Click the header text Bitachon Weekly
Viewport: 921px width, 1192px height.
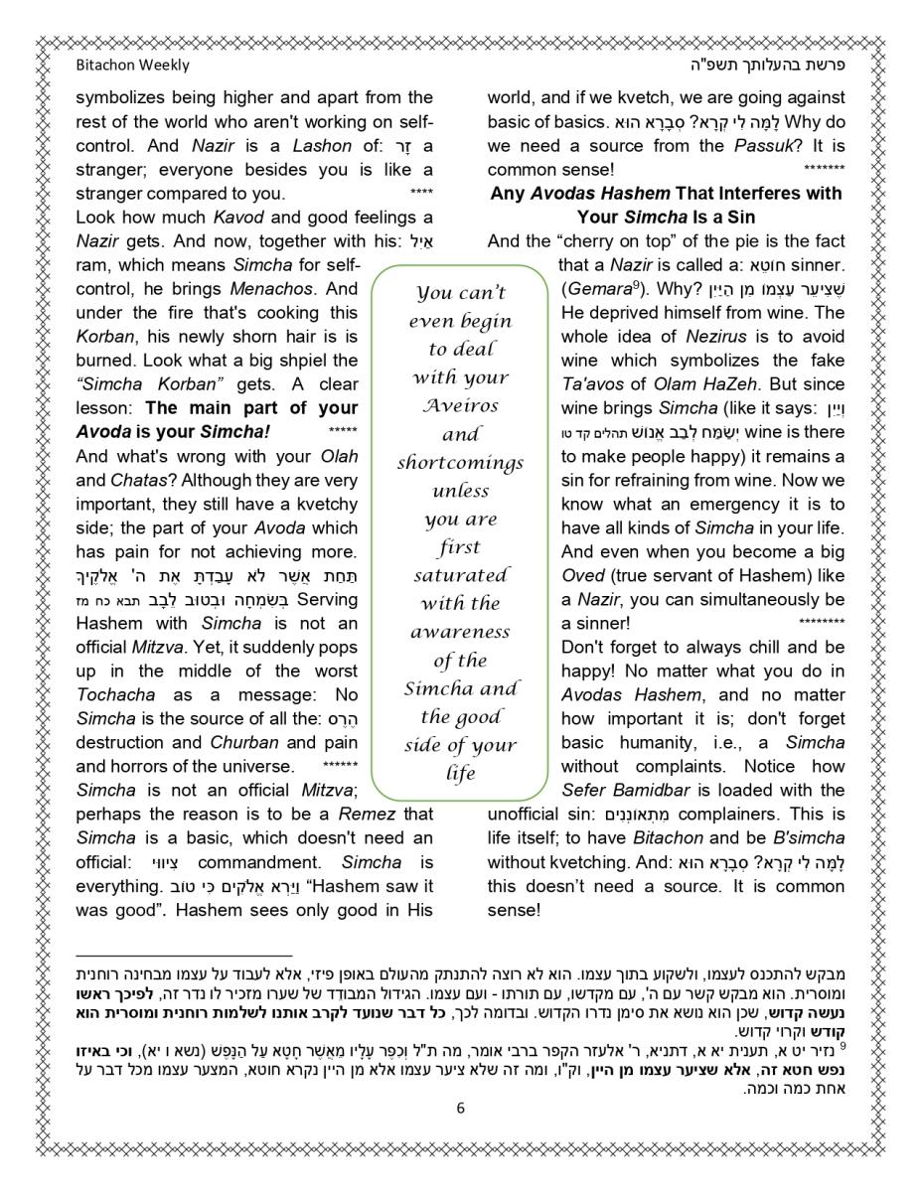coord(132,66)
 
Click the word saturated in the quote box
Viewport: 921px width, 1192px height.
coord(460,575)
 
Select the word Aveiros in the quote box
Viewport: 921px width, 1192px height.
coord(460,405)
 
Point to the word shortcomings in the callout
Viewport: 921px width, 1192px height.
coord(460,463)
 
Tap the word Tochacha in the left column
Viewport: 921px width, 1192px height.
coord(110,694)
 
